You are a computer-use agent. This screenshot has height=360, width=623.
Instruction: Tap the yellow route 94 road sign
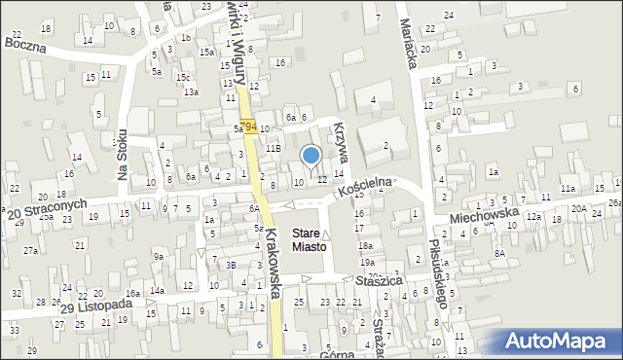coord(250,127)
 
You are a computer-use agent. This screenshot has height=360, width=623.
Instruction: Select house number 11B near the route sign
coord(274,148)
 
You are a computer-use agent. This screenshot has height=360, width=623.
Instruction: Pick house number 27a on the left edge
coord(31,250)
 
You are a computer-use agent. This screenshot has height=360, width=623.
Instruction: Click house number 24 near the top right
coord(448,15)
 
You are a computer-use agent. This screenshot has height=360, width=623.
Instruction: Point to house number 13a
coord(192,91)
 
